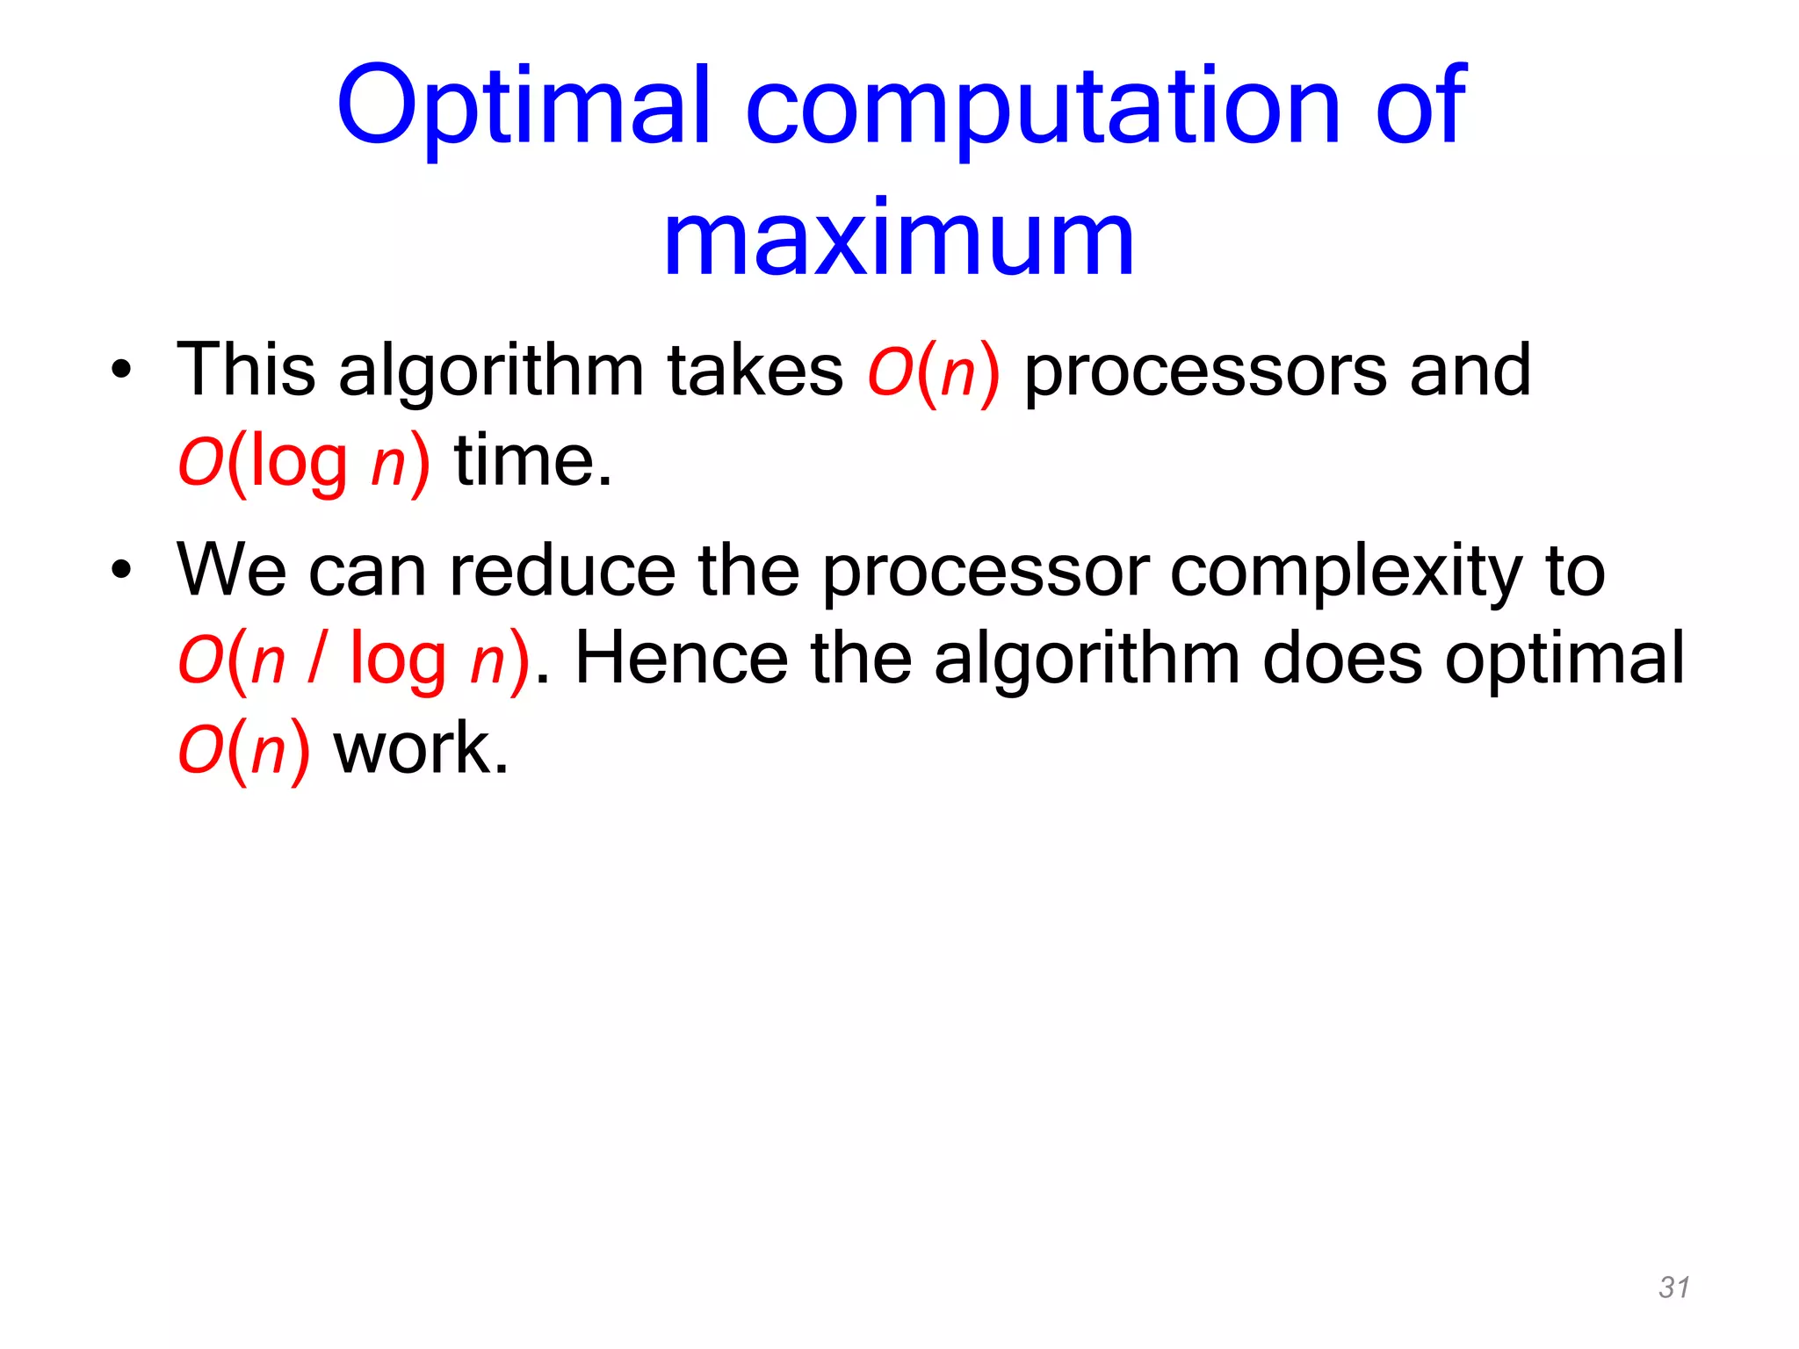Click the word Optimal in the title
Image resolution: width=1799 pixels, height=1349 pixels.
(x=523, y=107)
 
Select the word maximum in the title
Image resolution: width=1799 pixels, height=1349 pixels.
(x=899, y=239)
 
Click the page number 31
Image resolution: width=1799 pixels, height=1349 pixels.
(x=1673, y=1287)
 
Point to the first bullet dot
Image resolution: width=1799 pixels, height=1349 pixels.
(x=121, y=371)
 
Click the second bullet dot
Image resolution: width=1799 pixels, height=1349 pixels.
(x=121, y=570)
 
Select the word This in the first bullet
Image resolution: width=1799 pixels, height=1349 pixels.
(x=246, y=370)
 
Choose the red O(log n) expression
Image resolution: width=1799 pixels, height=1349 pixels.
(x=304, y=462)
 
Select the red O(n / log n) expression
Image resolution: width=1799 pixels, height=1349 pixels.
(x=353, y=660)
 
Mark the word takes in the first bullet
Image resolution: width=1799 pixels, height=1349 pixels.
(x=755, y=370)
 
